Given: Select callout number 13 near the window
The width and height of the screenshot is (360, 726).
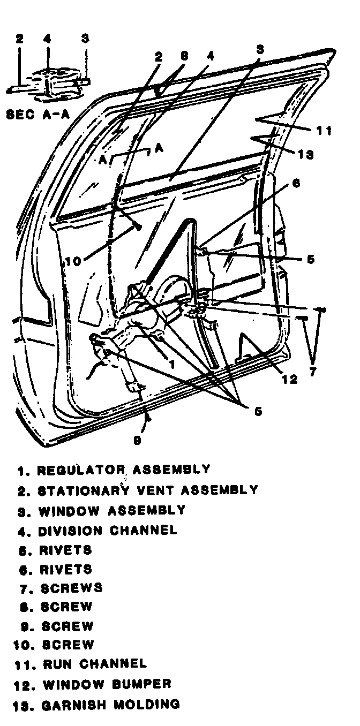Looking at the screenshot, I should click(x=306, y=155).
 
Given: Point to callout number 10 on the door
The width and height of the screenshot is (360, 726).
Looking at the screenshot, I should click(x=73, y=262).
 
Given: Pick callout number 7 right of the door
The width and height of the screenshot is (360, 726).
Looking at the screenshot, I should click(x=313, y=370).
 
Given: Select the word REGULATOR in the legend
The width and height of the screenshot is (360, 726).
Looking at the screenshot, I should click(x=81, y=470).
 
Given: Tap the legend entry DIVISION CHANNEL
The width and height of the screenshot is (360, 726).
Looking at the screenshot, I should click(x=107, y=531).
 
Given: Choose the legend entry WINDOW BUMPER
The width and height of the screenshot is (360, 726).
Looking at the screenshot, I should click(x=107, y=684).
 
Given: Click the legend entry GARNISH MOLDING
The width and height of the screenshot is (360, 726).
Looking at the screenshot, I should click(x=110, y=704).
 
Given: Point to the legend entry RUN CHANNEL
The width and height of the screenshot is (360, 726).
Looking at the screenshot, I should click(x=95, y=664).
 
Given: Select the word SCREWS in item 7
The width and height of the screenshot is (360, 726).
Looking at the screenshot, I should click(x=71, y=588).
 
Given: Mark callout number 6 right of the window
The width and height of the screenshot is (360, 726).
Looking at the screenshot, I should click(x=296, y=183).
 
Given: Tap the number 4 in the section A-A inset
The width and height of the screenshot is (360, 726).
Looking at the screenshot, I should click(x=47, y=39).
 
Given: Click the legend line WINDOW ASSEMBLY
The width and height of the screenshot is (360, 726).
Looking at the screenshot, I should click(x=111, y=510).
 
